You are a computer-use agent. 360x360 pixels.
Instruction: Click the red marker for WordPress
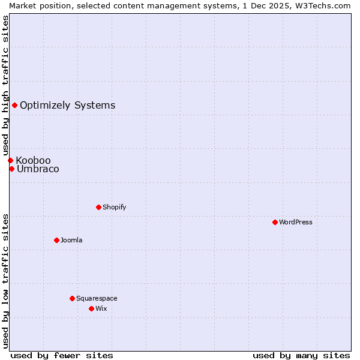(x=275, y=222)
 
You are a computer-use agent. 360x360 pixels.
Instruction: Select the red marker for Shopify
(x=98, y=207)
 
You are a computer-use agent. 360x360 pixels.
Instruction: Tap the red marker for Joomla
(x=56, y=240)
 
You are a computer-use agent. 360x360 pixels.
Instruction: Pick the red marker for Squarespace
(x=72, y=298)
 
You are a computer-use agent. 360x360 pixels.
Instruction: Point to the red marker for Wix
(x=91, y=308)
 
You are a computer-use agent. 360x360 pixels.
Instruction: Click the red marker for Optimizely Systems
(x=14, y=106)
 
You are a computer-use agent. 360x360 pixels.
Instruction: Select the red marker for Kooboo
(x=10, y=160)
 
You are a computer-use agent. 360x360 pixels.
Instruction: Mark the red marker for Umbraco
(x=11, y=169)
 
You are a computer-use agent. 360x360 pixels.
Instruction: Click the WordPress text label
(x=296, y=222)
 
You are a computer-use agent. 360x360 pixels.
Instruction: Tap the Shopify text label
(x=115, y=207)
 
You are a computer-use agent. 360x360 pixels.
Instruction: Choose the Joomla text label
(x=71, y=240)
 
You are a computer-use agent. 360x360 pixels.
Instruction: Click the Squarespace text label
(x=97, y=298)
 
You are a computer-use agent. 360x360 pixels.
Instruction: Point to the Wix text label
(x=101, y=308)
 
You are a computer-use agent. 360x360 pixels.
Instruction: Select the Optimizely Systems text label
(x=67, y=106)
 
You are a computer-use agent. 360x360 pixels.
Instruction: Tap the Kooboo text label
(x=33, y=160)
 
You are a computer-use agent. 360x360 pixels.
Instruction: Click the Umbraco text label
(x=38, y=169)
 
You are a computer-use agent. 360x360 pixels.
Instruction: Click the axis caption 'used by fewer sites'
(x=62, y=355)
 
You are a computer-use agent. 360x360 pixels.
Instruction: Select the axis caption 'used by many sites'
(x=301, y=355)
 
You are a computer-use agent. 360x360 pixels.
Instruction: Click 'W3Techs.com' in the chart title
(x=323, y=5)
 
